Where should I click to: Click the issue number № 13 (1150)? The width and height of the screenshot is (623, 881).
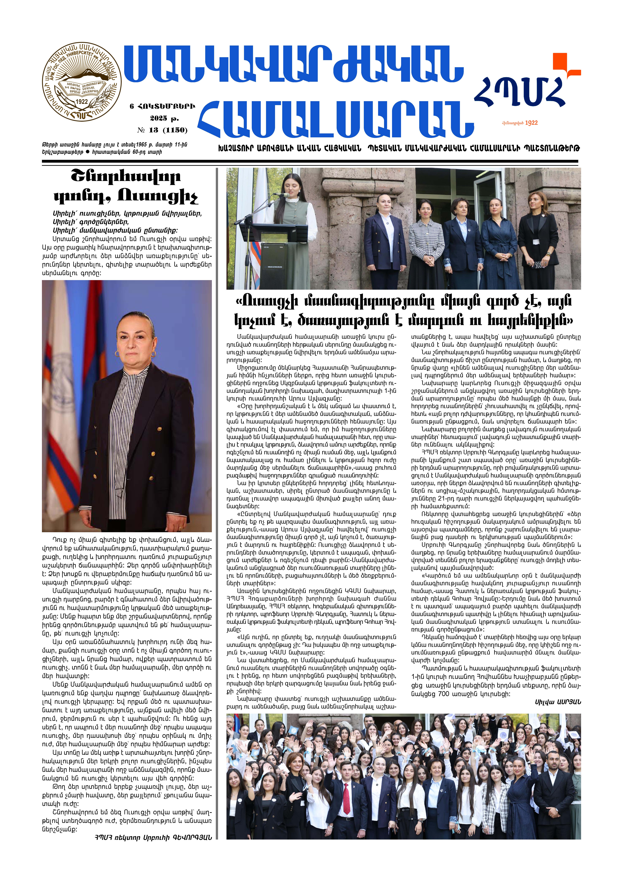162,130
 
